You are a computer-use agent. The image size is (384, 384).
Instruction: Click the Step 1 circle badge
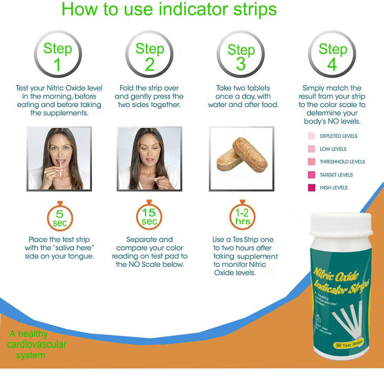point(58,56)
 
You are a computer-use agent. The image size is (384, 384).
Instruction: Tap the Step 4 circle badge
point(332,56)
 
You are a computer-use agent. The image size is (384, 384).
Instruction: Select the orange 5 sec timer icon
point(60,217)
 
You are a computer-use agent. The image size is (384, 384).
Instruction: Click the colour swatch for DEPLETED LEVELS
point(311,136)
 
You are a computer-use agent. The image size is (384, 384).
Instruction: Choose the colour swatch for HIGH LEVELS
point(311,187)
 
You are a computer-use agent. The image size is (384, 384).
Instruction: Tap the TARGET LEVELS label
point(336,175)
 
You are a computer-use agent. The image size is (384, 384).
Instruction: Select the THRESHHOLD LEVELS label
point(342,162)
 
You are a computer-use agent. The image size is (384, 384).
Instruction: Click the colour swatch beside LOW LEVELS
point(311,149)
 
